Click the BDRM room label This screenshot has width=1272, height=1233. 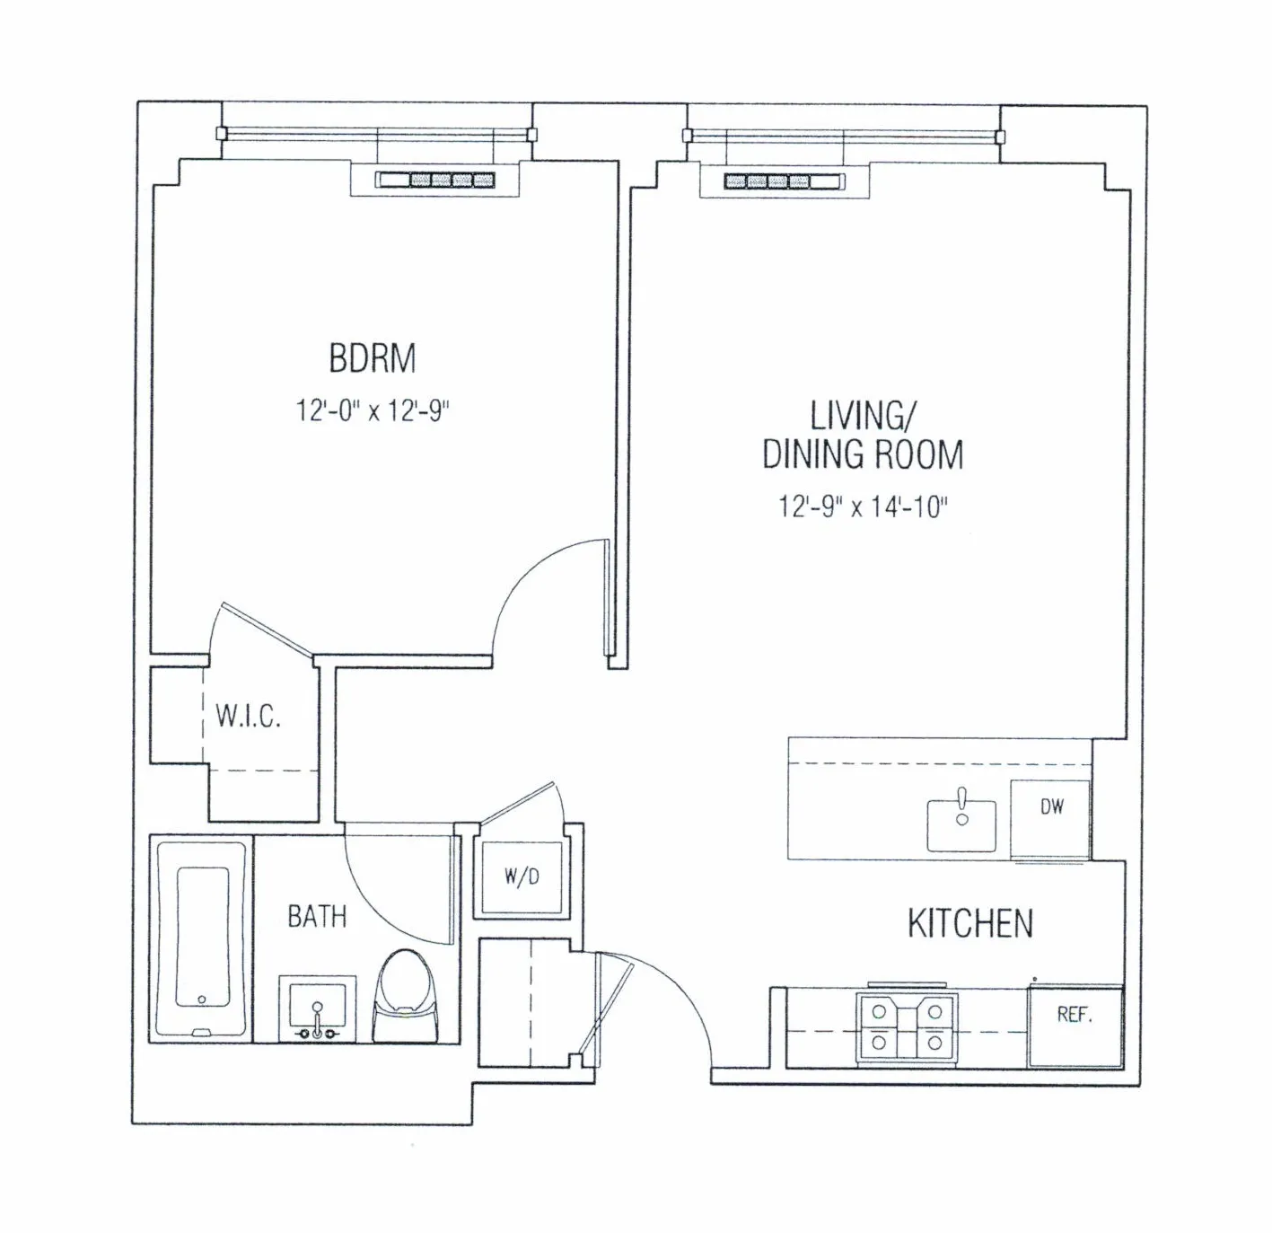(x=373, y=358)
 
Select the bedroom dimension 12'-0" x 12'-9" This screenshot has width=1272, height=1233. (x=373, y=411)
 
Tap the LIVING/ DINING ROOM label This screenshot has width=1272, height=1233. (x=863, y=436)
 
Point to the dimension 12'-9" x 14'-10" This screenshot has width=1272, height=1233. (x=863, y=507)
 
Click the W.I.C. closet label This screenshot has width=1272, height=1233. (x=249, y=717)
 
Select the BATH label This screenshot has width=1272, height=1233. (x=317, y=917)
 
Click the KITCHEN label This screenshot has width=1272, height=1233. (x=970, y=924)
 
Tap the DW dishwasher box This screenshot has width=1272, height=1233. (x=1051, y=818)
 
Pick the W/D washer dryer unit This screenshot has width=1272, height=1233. (x=522, y=877)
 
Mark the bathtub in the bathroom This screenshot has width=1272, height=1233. (x=202, y=938)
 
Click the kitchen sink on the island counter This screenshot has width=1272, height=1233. (x=962, y=823)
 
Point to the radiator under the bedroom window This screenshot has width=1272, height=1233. (x=435, y=181)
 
